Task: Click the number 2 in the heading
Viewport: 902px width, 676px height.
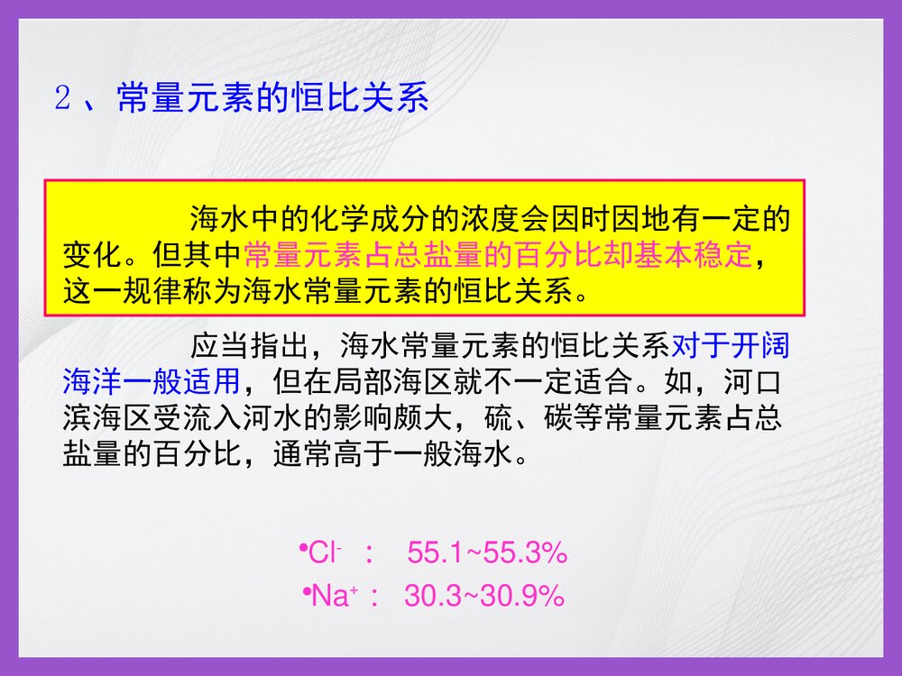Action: coord(62,98)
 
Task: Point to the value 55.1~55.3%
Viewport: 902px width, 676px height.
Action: coord(487,553)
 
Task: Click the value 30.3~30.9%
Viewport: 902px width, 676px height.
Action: coord(484,595)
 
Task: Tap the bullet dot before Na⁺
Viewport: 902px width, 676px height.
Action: coord(307,589)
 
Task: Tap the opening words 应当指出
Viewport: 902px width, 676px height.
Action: coord(248,347)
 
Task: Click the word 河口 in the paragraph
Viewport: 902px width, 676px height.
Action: coord(753,382)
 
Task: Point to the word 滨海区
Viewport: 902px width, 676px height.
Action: coord(106,418)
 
